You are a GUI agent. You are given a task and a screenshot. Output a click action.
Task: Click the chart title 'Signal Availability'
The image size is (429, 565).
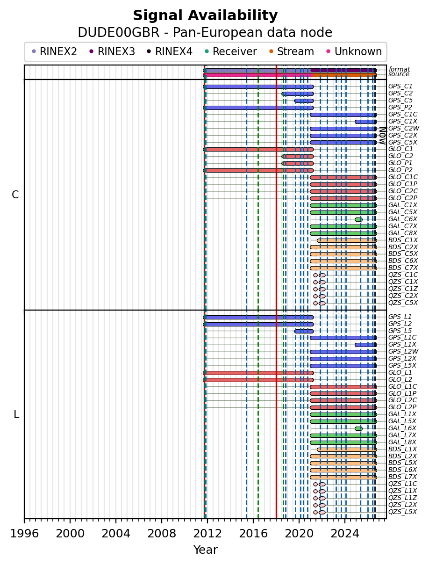(205, 15)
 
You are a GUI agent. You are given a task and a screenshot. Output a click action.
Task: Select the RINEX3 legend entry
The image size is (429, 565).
(112, 51)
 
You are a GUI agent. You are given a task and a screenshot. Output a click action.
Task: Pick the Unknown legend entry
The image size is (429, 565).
(354, 51)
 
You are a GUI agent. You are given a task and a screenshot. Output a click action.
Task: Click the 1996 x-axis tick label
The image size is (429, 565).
(24, 534)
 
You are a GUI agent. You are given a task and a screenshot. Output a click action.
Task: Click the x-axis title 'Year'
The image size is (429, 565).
(206, 550)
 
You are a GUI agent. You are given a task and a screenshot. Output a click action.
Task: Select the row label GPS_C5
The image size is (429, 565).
(400, 101)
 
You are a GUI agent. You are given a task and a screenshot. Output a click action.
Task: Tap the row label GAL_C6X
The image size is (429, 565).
(402, 219)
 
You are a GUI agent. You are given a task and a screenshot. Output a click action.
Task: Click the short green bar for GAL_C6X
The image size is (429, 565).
(358, 219)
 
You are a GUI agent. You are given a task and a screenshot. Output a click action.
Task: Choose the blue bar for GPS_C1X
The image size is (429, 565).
(366, 122)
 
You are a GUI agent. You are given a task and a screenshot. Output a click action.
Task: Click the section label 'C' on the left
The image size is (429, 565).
(15, 195)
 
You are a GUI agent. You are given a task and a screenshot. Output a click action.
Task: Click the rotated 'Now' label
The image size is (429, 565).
(383, 136)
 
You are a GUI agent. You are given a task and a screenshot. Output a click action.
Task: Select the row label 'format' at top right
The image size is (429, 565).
(399, 69)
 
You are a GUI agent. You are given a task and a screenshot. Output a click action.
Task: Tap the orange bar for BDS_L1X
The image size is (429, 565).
(347, 449)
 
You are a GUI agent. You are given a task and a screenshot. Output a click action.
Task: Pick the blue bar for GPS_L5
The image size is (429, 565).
(304, 331)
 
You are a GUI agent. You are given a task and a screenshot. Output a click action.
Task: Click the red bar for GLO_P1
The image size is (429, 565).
(298, 163)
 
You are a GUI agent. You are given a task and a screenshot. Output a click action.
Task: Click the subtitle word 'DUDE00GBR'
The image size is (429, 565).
(119, 33)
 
